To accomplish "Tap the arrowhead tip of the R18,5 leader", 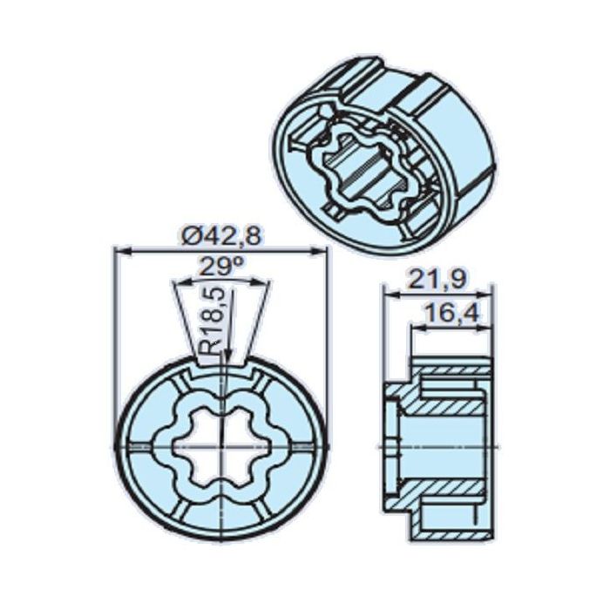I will pyautogui.click(x=226, y=356).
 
